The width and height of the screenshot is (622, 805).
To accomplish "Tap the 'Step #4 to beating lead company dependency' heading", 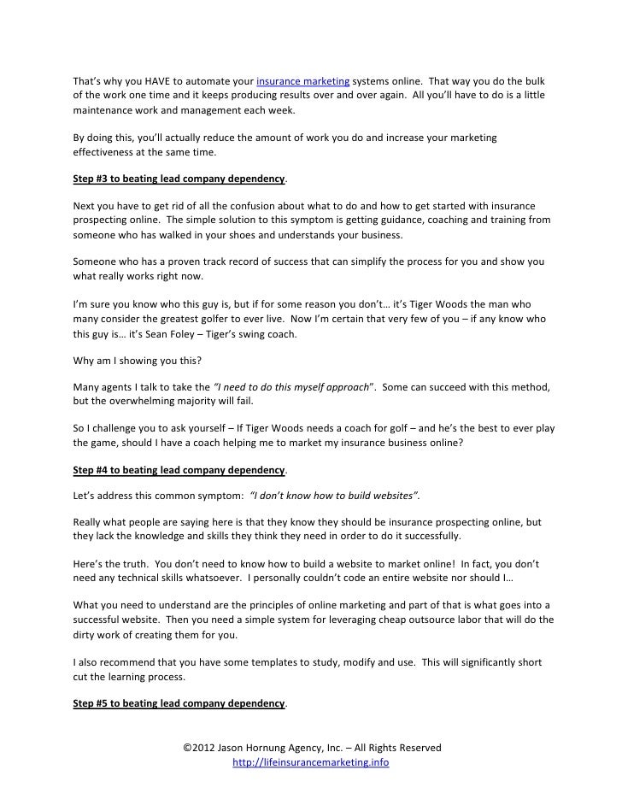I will point(179,470).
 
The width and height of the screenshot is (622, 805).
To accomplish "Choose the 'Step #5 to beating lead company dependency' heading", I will point(179,703).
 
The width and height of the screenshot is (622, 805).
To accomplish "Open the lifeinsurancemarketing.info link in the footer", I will point(311,762).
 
